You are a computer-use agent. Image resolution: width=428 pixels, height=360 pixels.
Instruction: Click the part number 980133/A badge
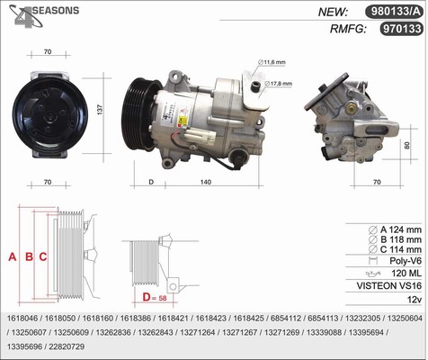click(x=394, y=12)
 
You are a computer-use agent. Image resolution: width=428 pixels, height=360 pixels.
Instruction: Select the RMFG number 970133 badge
click(x=402, y=29)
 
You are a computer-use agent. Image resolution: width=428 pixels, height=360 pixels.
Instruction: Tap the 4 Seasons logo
click(x=44, y=15)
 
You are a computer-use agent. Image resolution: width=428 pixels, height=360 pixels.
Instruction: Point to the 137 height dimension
click(x=100, y=110)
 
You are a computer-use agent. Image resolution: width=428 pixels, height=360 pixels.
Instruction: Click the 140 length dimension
click(x=206, y=182)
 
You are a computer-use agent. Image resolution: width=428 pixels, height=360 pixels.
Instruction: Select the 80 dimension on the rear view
click(x=406, y=146)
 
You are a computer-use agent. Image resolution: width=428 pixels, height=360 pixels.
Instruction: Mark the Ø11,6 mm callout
click(x=272, y=62)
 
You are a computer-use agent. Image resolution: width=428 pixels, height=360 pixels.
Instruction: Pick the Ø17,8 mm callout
click(x=278, y=84)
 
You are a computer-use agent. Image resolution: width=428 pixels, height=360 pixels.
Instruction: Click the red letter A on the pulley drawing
click(x=13, y=256)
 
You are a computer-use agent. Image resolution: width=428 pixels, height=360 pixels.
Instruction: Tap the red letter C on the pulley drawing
click(x=43, y=256)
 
